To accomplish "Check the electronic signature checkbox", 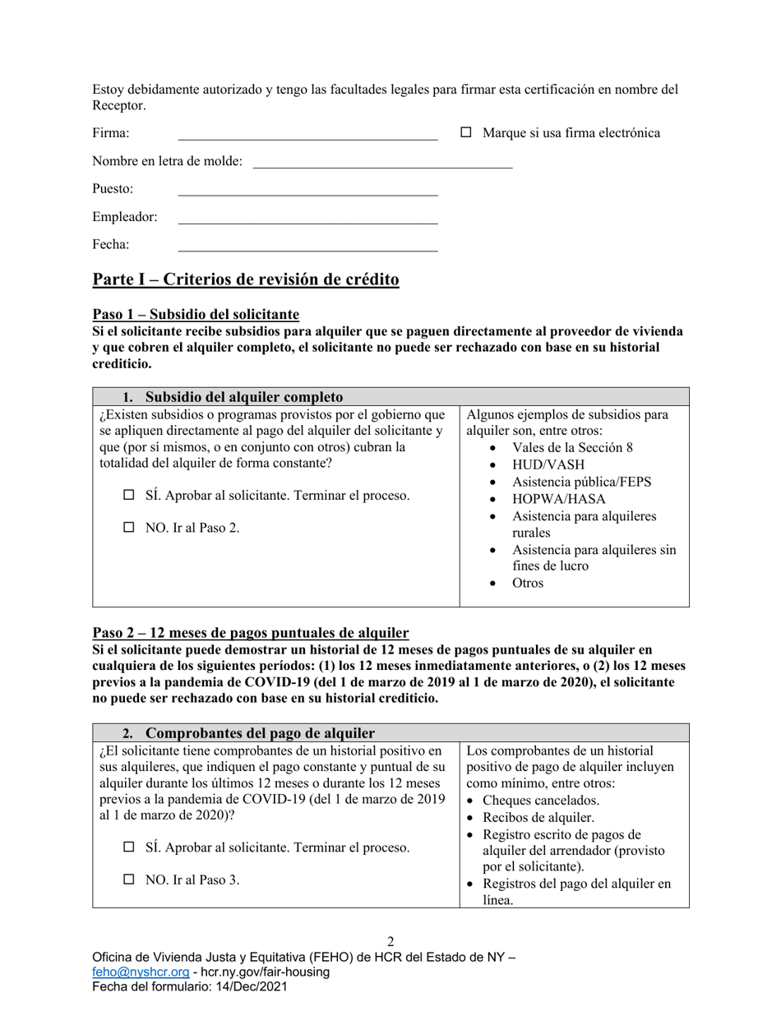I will [x=466, y=132].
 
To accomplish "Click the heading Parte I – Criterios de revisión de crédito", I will [x=246, y=279].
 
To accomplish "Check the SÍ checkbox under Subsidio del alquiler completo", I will [x=129, y=496].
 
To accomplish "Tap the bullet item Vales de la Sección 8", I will [x=572, y=447].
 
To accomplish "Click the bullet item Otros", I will [x=528, y=584].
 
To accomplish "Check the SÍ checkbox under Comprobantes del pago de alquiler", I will [x=129, y=847].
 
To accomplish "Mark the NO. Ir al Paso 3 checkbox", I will [x=129, y=879].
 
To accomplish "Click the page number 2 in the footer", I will [x=390, y=942].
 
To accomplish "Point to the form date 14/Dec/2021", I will [x=250, y=987].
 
